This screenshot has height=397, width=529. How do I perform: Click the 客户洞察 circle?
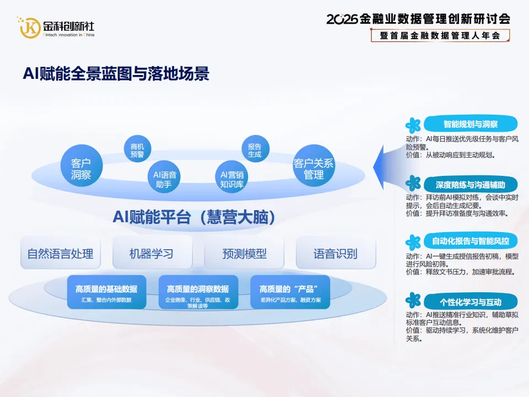pos(82,166)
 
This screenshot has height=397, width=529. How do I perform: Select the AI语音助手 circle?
pos(164,176)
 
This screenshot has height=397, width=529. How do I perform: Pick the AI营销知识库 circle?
pos(232,176)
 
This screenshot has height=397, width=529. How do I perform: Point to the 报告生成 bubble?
pos(255,149)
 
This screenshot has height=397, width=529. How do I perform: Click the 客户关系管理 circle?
pos(314,166)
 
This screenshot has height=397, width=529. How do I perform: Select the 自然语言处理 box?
pos(61,253)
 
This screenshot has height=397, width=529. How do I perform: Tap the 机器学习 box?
pos(152,253)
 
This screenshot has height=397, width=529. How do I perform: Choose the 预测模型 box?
pos(244,253)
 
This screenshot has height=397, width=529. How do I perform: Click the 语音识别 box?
pos(336,253)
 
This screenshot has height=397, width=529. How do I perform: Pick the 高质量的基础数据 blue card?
pos(106,292)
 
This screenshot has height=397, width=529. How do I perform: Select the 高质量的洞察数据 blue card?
pos(198,292)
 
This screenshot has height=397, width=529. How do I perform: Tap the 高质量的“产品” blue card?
pos(290,292)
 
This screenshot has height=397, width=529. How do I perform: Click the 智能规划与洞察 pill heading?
pos(471,124)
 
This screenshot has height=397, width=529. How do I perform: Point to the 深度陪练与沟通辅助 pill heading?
pos(471,184)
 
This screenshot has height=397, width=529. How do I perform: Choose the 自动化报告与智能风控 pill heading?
pos(471,241)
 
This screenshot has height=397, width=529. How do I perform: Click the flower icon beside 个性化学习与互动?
pos(413,301)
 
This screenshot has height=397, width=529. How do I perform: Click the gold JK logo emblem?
pos(29,28)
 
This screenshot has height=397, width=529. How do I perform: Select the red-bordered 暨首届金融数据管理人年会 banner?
pos(440,35)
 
